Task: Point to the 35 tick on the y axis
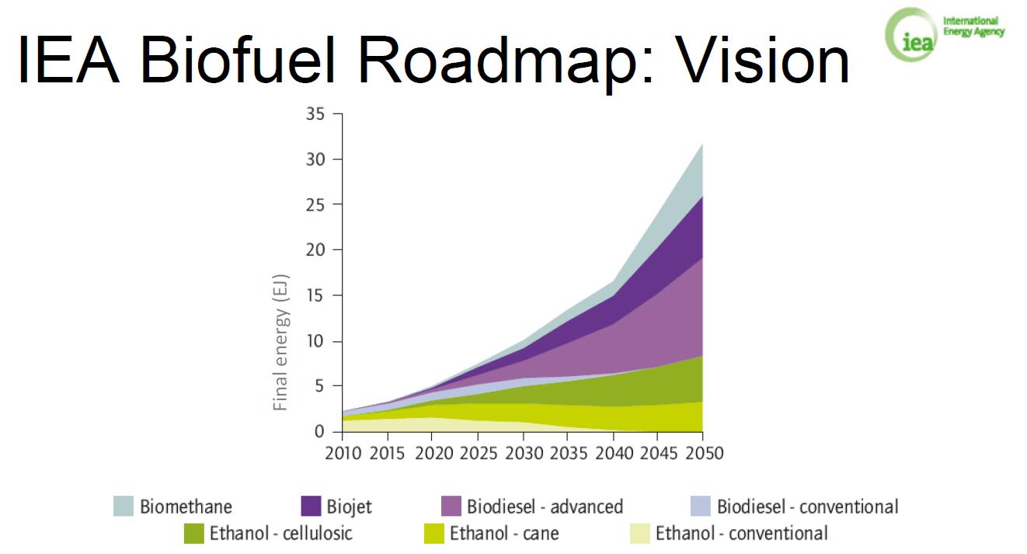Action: (313, 114)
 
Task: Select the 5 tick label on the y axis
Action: (319, 386)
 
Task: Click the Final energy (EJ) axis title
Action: (281, 341)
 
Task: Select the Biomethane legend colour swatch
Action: (123, 507)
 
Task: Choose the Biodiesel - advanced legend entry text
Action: (545, 507)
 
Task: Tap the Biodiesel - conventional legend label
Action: (807, 507)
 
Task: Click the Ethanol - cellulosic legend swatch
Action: (193, 534)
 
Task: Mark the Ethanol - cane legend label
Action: (504, 534)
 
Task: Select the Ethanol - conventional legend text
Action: (741, 534)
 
